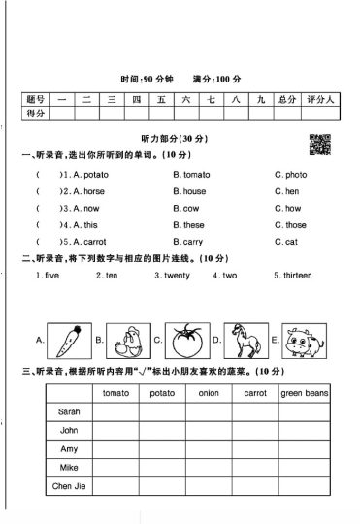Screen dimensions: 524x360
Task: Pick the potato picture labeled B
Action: point(125,341)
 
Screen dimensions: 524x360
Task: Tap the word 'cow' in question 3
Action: point(190,208)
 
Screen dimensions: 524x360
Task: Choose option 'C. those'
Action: point(292,225)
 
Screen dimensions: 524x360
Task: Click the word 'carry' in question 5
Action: point(192,242)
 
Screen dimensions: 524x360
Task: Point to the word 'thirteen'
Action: point(295,276)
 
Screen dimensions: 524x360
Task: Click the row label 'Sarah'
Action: point(69,411)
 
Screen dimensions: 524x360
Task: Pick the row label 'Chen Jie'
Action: point(69,486)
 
